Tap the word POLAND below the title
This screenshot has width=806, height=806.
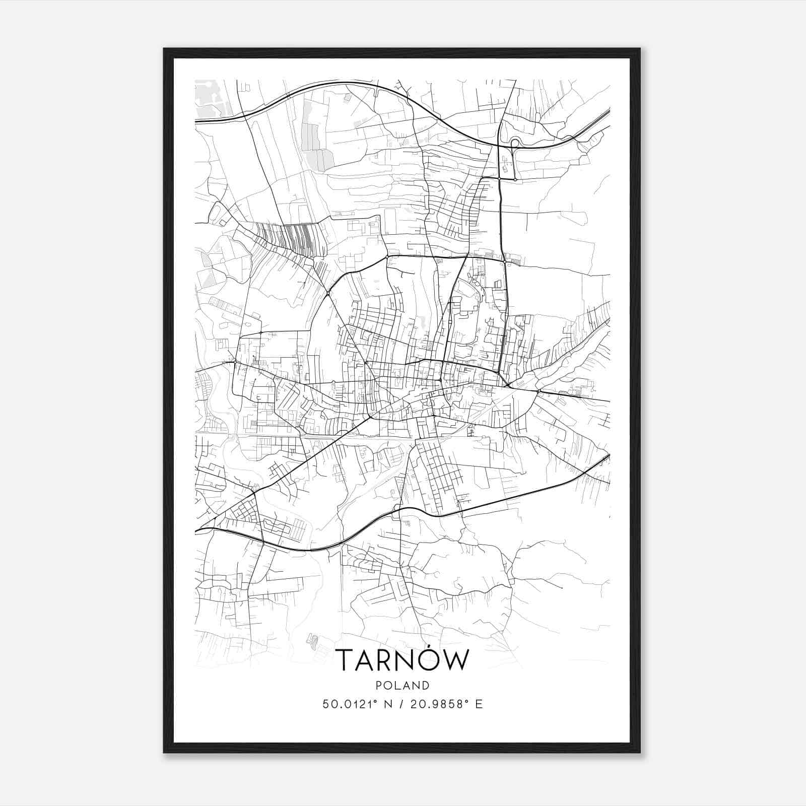[x=402, y=686]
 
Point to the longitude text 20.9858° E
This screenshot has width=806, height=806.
[x=447, y=704]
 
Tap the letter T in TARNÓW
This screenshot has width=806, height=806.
[x=345, y=660]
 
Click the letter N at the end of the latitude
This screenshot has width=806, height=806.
[x=388, y=704]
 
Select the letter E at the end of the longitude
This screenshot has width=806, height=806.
[x=479, y=704]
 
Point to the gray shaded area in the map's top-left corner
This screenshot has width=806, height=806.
[x=209, y=98]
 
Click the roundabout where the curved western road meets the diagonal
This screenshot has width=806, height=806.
[x=328, y=293]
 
